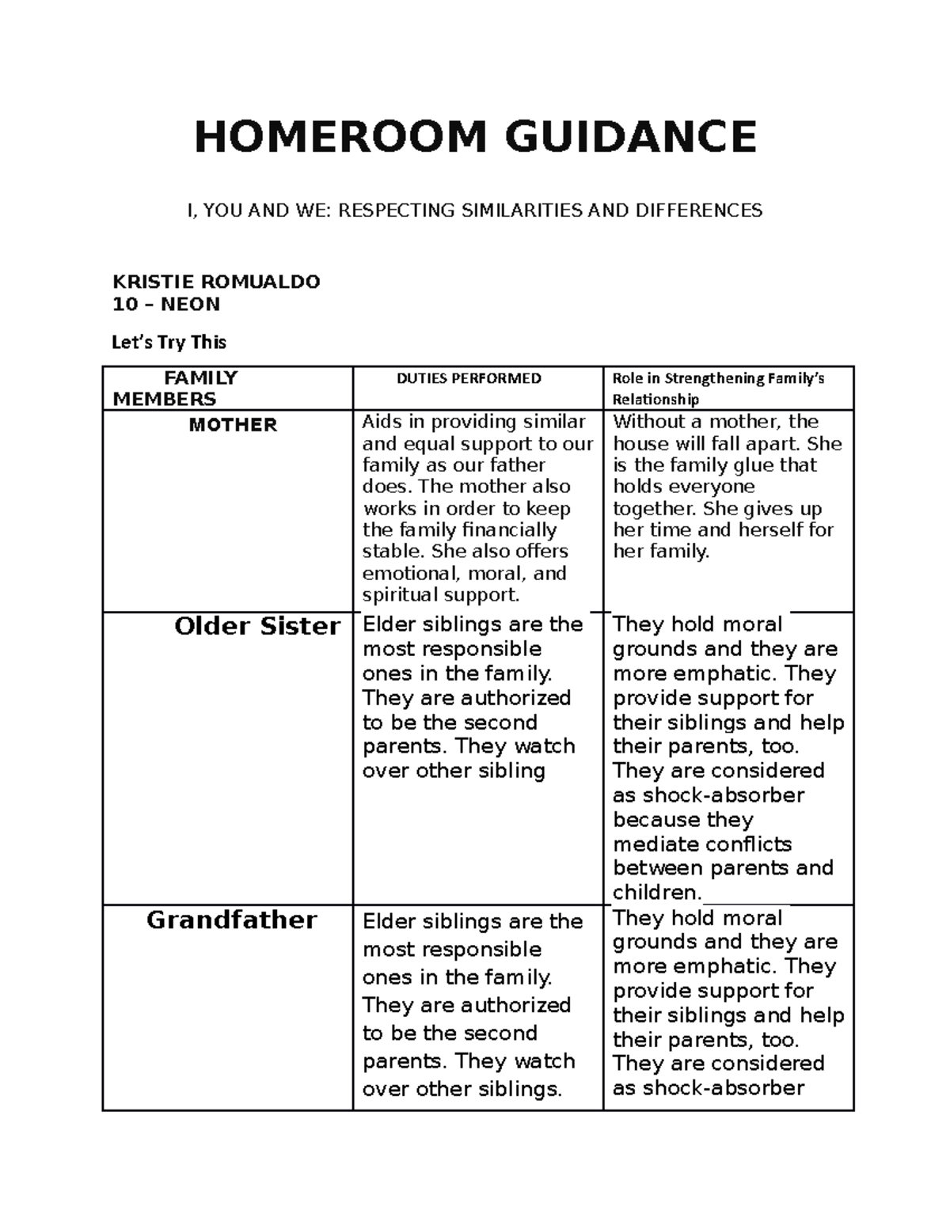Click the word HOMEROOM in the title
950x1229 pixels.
point(340,137)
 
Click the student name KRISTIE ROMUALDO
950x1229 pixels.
point(216,282)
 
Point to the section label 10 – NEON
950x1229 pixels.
point(166,304)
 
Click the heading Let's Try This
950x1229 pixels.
point(169,342)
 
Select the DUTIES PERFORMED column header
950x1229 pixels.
point(469,378)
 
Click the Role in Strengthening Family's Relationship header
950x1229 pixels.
point(719,389)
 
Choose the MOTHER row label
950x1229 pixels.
point(233,425)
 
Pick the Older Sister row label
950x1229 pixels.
point(257,627)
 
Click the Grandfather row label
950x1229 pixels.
point(232,920)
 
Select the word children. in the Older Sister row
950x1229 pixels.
point(657,893)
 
